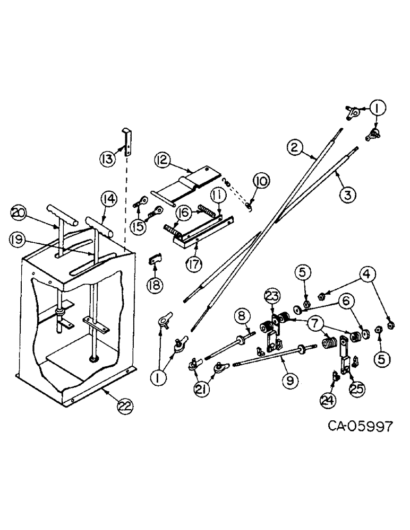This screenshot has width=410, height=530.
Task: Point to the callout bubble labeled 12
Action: point(163,160)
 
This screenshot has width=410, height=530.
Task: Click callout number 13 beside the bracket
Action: point(108,157)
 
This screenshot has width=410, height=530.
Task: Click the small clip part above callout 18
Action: point(154,259)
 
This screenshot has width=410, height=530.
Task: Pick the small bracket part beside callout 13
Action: point(127,140)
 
